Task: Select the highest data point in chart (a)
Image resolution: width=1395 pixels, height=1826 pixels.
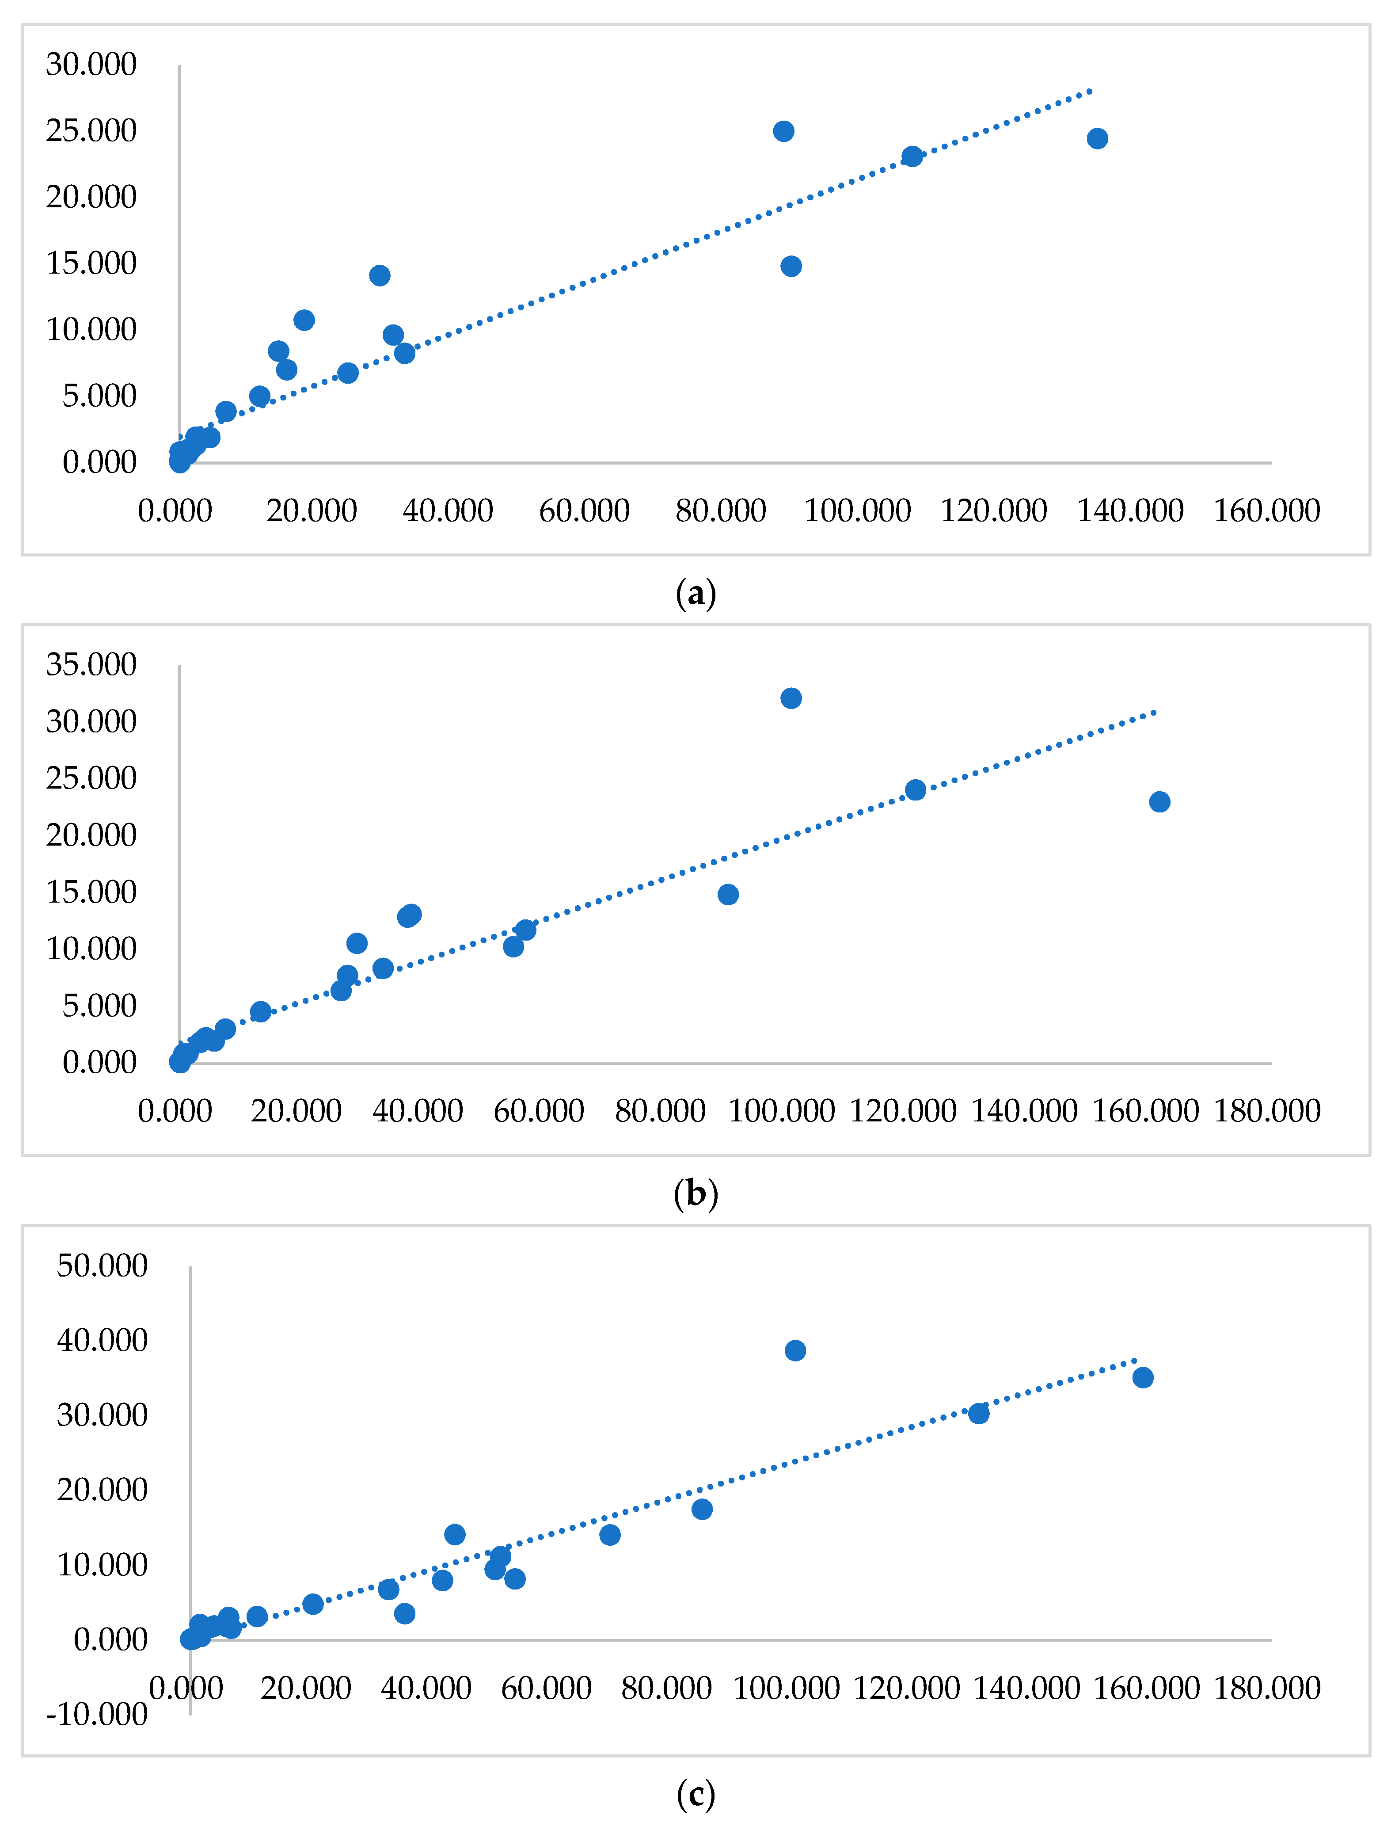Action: point(783,131)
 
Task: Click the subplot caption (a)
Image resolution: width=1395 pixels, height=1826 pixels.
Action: point(696,594)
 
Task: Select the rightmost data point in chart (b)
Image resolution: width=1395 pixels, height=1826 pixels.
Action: point(1159,802)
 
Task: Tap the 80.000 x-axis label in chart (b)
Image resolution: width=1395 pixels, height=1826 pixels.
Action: point(660,1111)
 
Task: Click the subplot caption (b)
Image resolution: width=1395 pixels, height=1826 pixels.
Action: point(696,1194)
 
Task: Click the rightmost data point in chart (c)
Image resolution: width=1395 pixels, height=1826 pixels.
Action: point(1143,1377)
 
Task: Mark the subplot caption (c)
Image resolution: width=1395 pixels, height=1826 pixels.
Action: point(696,1795)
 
